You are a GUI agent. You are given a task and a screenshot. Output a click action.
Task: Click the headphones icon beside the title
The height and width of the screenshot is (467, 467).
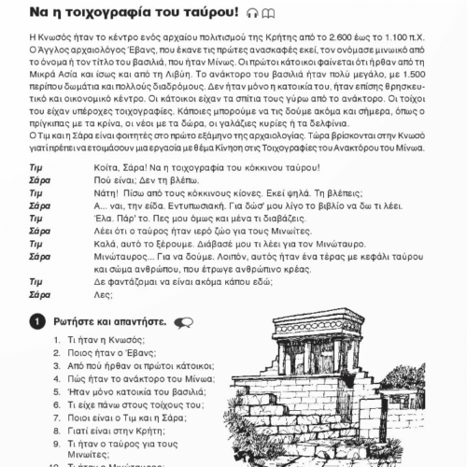(252, 13)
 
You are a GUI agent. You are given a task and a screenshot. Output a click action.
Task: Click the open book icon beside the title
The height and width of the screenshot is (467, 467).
(268, 13)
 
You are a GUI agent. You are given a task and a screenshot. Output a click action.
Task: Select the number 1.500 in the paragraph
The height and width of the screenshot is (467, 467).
(414, 75)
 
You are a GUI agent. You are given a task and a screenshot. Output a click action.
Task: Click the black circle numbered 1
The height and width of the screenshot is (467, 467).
(37, 321)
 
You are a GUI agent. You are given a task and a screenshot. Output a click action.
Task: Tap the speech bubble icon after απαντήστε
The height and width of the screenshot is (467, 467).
(184, 323)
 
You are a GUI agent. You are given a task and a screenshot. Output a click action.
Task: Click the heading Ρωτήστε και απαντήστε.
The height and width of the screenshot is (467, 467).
(110, 321)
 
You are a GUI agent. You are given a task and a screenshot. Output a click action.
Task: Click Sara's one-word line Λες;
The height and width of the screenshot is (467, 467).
(103, 294)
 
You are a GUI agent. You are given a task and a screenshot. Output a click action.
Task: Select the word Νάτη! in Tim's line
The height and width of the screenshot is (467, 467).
(106, 193)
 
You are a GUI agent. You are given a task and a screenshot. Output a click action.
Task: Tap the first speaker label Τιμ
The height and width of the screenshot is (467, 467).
(35, 168)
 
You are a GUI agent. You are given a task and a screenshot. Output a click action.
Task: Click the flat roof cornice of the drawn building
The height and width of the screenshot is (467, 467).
(318, 317)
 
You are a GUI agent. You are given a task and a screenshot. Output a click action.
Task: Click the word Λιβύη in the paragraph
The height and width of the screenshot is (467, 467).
(178, 75)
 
